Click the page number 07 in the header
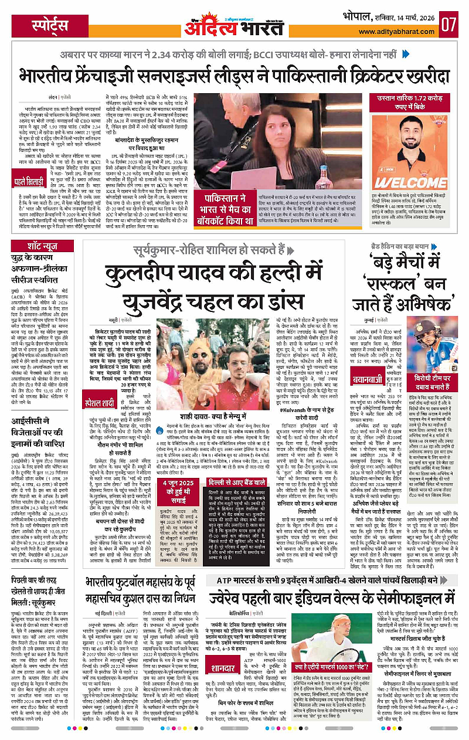[450, 25]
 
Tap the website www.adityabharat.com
[400, 32]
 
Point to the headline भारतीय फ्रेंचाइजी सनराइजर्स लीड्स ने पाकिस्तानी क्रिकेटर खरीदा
[234, 76]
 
